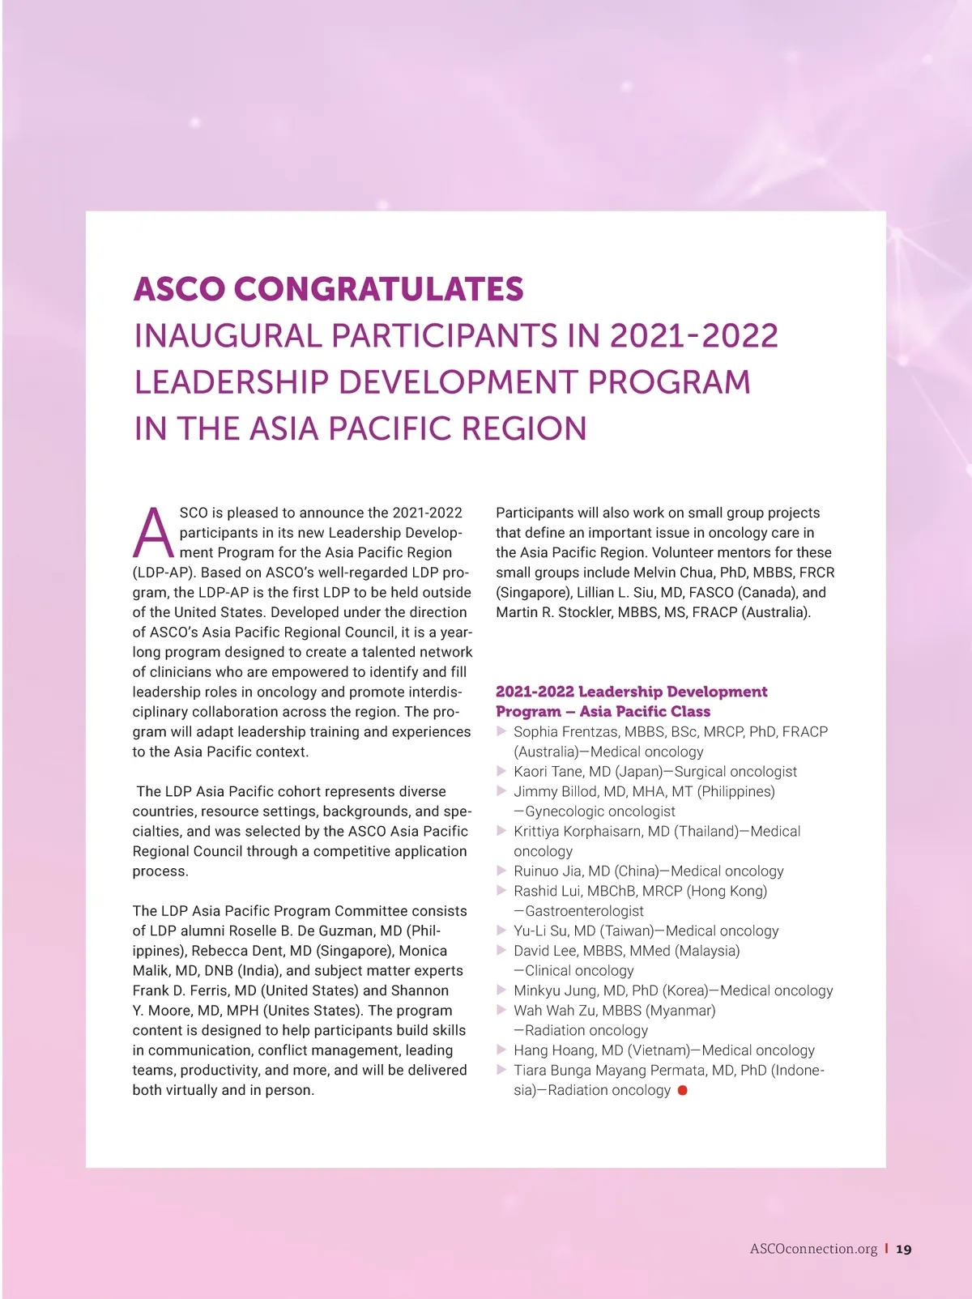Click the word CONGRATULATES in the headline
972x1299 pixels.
[378, 289]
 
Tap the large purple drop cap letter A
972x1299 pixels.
[152, 534]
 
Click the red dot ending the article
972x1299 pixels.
[683, 1090]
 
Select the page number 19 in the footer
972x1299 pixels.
[904, 1249]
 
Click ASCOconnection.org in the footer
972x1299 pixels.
[813, 1249]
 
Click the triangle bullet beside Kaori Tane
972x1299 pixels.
[501, 771]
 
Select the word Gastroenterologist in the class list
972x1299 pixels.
[584, 911]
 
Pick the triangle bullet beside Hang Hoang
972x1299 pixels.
[501, 1050]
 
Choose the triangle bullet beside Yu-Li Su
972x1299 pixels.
[501, 931]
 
